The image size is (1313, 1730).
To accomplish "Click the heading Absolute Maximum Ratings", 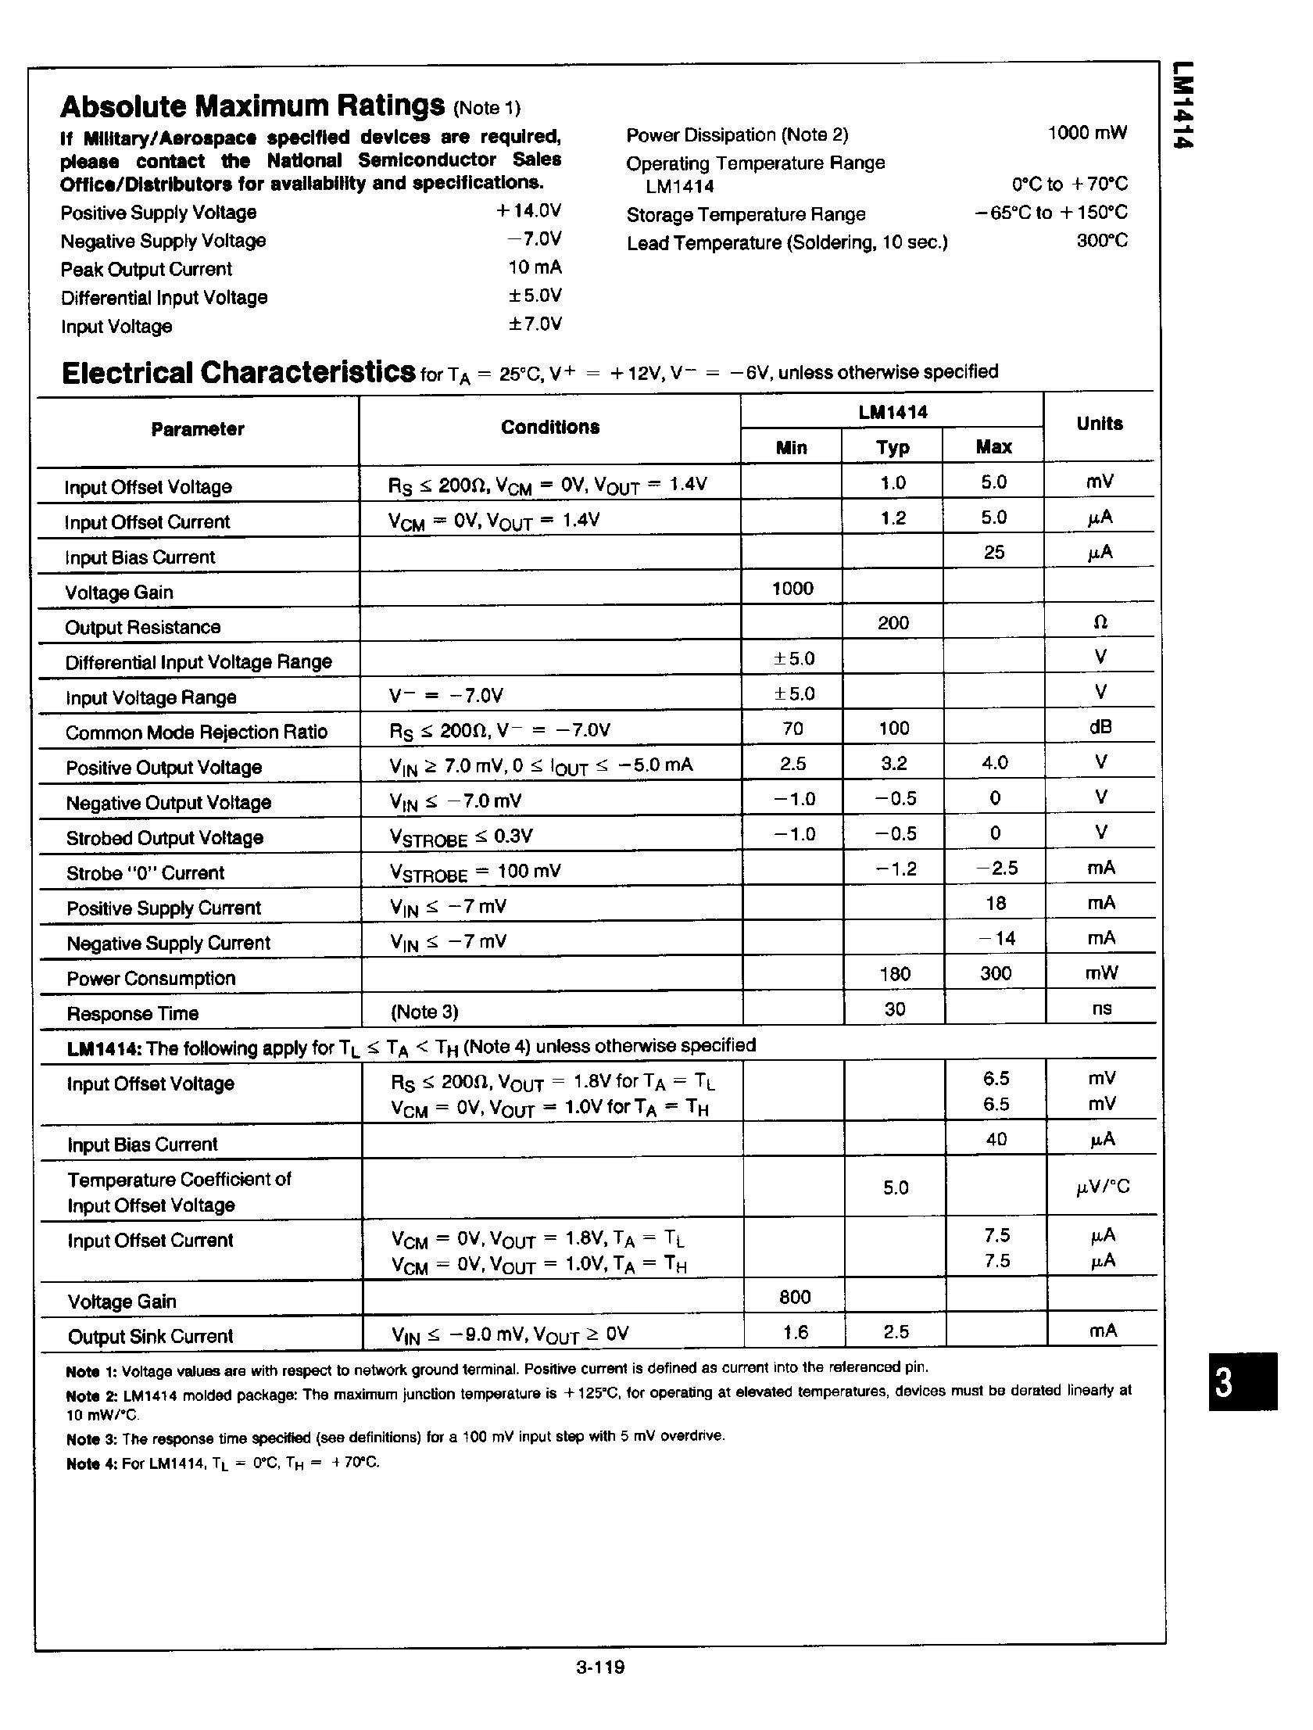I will coord(252,106).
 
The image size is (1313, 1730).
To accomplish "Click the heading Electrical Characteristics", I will coord(238,373).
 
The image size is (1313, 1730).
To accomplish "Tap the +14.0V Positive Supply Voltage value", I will coord(528,211).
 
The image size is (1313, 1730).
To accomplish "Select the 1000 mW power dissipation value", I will coord(1087,133).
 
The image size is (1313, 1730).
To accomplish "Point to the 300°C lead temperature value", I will coord(1102,241).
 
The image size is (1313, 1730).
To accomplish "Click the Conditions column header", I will coord(549,427).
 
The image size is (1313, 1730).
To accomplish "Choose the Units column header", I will coord(1099,424).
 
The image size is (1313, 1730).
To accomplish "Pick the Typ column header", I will coord(893,447).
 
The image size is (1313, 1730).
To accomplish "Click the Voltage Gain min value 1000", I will coord(792,588).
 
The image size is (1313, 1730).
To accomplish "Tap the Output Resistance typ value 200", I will coord(893,623).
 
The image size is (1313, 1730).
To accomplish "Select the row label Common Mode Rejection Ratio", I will coord(196,732).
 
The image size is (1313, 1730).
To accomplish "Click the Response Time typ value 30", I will coord(895,1009).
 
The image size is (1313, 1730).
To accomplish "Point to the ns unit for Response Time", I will coord(1101,1009).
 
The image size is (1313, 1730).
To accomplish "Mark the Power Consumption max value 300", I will coord(995,974).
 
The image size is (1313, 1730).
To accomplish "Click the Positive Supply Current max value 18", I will coord(995,904).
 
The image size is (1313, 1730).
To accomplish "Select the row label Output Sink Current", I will coord(150,1337).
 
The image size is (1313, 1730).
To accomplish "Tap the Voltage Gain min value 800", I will coord(795,1297).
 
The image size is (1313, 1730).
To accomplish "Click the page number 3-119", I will coord(599,1667).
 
